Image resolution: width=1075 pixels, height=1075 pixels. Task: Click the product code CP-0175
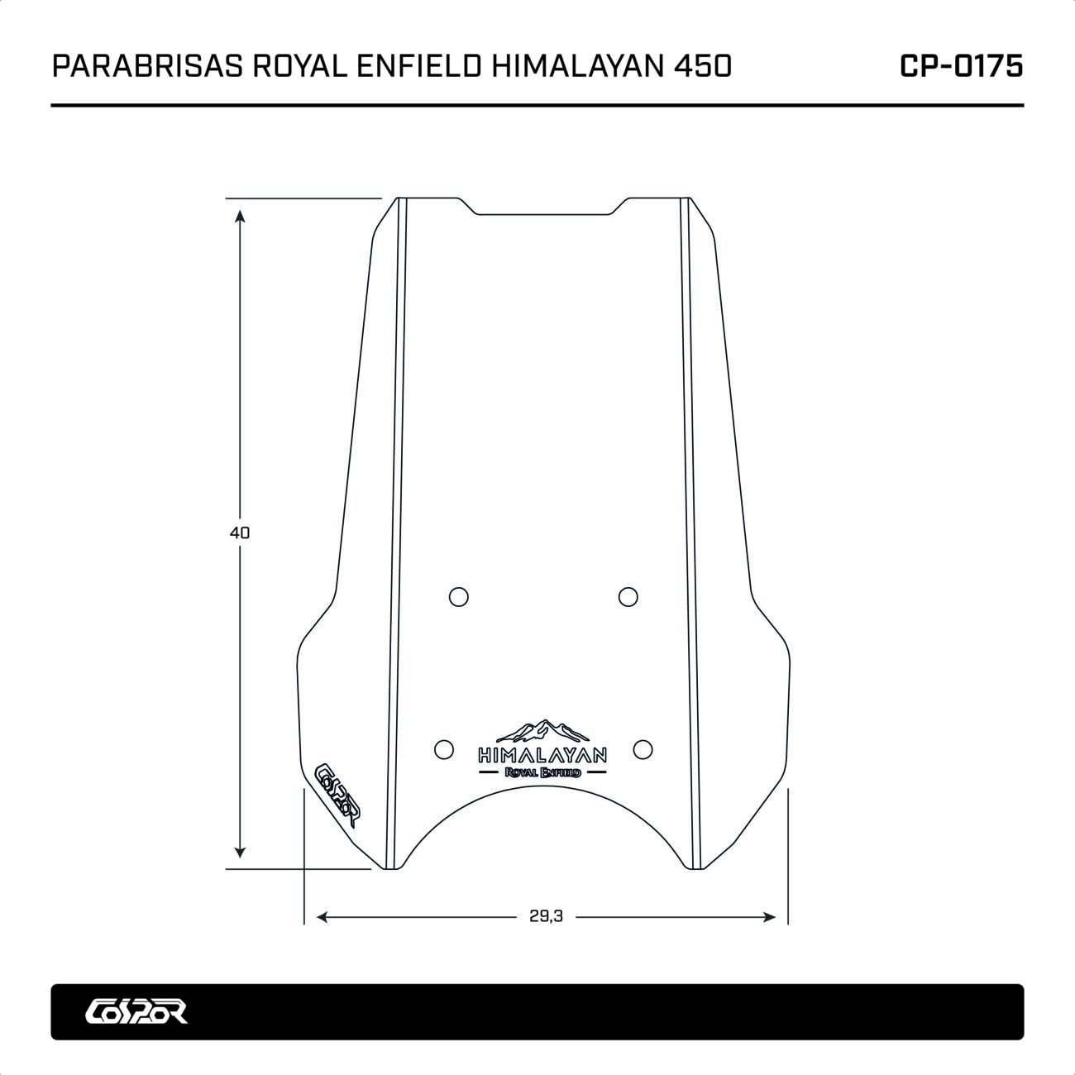pos(961,66)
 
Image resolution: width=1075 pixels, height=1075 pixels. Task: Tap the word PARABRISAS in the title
pos(148,66)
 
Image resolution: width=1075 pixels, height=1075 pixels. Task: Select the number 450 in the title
pos(703,66)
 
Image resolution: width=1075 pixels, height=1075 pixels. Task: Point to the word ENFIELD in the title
pos(418,66)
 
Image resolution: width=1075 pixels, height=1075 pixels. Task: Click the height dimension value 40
pos(240,533)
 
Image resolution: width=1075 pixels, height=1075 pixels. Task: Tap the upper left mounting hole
pos(459,597)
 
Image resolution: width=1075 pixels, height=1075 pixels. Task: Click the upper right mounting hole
pos(628,597)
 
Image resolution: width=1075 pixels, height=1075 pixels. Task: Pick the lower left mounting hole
pos(443,750)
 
